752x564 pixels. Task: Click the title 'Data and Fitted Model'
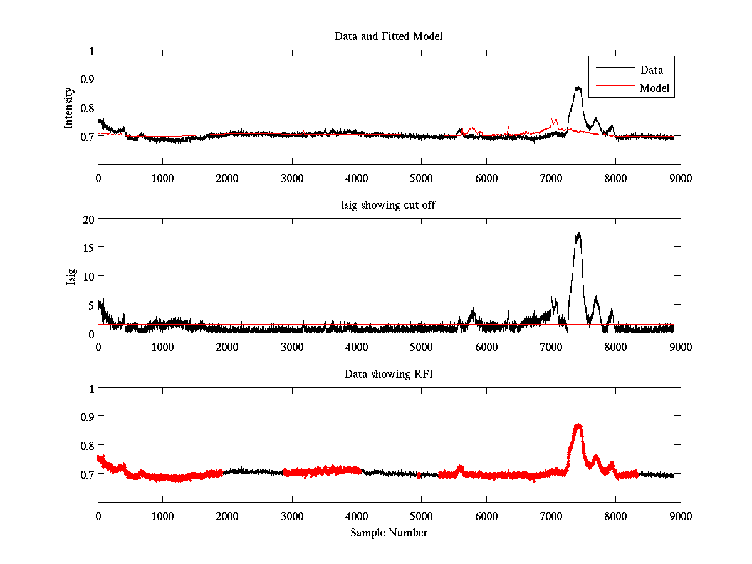pyautogui.click(x=389, y=36)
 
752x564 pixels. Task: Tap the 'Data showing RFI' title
pyautogui.click(x=389, y=374)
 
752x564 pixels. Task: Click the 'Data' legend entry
pyautogui.click(x=651, y=70)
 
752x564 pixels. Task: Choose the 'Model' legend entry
pyautogui.click(x=654, y=88)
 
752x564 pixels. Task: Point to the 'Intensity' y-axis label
pyautogui.click(x=70, y=108)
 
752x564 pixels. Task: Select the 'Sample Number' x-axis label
pyautogui.click(x=389, y=533)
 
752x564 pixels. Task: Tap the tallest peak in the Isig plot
pyautogui.click(x=578, y=233)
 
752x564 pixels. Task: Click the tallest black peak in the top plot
pyautogui.click(x=578, y=88)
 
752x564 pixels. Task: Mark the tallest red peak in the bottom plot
pyautogui.click(x=578, y=426)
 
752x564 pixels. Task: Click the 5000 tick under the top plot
pyautogui.click(x=421, y=179)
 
